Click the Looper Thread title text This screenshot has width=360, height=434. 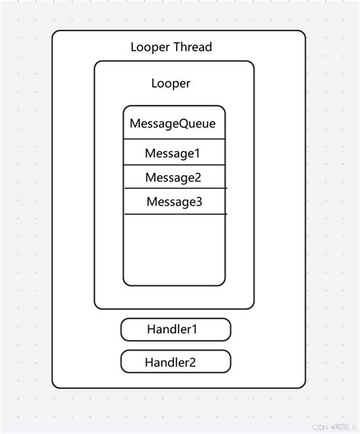171,47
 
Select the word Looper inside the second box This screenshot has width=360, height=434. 171,83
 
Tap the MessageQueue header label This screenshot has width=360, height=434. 172,123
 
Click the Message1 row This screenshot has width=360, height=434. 172,153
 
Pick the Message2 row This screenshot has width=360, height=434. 173,178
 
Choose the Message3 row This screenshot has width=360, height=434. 174,202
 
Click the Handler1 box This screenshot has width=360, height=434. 175,329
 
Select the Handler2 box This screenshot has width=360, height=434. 175,362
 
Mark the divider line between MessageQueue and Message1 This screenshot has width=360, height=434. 174,139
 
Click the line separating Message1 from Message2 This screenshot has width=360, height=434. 174,165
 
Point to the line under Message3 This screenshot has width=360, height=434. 175,214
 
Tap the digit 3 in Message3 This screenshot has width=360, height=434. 198,202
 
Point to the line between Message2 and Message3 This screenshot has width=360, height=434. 175,188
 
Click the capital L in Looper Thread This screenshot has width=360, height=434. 134,47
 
